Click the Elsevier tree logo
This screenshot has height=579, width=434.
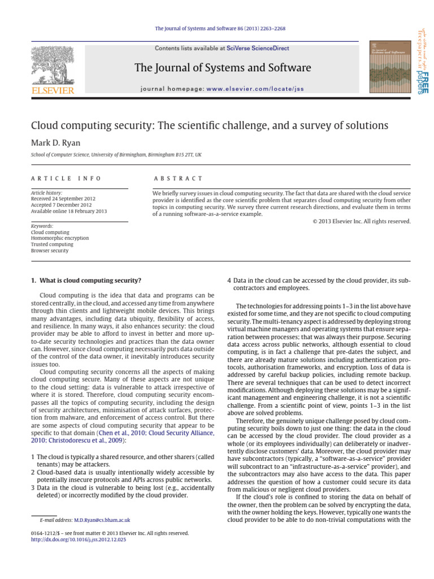click(52, 66)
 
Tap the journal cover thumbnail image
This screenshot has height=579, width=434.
click(389, 68)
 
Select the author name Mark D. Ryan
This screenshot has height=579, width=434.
click(56, 142)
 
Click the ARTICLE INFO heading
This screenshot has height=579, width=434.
click(66, 178)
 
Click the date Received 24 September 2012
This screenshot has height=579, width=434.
click(63, 199)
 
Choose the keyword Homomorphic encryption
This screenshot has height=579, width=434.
click(59, 238)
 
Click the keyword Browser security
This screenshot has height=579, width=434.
click(50, 250)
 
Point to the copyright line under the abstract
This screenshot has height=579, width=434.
click(362, 221)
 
